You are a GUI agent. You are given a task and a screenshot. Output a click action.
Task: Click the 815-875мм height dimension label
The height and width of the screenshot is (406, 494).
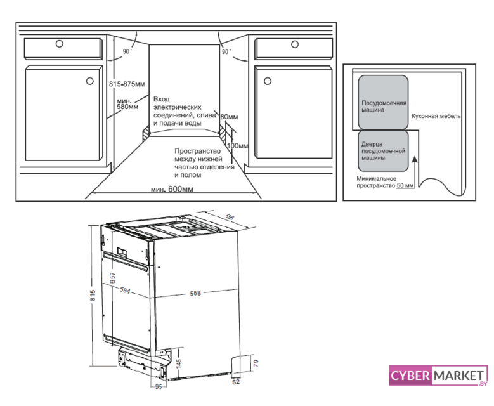[x=127, y=84]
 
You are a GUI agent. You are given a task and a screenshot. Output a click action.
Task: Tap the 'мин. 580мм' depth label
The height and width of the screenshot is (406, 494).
[x=127, y=104]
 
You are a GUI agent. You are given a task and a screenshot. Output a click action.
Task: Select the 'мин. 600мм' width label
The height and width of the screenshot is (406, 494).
[x=172, y=189]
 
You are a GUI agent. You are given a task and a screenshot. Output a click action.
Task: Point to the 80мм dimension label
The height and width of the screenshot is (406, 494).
[x=229, y=117]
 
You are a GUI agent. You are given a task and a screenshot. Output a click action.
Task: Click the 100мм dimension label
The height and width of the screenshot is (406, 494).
[x=238, y=146]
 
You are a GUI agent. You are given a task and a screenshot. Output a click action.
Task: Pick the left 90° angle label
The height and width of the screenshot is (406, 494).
[x=127, y=51]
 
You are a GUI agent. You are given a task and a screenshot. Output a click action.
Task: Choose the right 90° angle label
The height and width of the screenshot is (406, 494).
[x=226, y=51]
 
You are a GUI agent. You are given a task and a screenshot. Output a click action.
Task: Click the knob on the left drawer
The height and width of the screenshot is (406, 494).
[x=59, y=44]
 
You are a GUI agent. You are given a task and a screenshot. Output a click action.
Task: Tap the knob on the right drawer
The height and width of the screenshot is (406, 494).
[x=295, y=44]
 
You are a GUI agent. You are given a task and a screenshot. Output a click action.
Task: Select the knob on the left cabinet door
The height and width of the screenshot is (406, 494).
[x=90, y=81]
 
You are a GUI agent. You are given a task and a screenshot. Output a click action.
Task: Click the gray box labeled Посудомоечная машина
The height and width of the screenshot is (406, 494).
[x=383, y=102]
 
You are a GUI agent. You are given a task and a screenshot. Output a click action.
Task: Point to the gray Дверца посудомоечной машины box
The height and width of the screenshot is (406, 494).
[x=383, y=151]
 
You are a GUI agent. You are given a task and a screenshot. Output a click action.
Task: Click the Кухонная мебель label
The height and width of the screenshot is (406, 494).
[x=436, y=116]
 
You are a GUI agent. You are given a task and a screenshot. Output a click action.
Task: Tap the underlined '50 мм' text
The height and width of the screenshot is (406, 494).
[x=405, y=186]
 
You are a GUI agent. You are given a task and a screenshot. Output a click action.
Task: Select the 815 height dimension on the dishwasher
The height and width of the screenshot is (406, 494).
[x=93, y=295]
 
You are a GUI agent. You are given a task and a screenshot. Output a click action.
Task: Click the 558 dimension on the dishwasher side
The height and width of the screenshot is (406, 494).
[x=195, y=293]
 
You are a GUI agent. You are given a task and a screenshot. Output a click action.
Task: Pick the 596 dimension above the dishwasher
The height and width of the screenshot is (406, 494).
[x=230, y=217]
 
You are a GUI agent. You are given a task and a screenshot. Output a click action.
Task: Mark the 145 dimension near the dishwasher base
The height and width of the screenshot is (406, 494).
[x=179, y=363]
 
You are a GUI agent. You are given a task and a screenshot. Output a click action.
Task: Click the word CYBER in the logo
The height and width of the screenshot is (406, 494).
[x=410, y=376]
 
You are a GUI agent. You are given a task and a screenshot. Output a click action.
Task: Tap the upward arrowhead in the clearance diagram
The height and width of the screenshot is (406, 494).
[x=415, y=159]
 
